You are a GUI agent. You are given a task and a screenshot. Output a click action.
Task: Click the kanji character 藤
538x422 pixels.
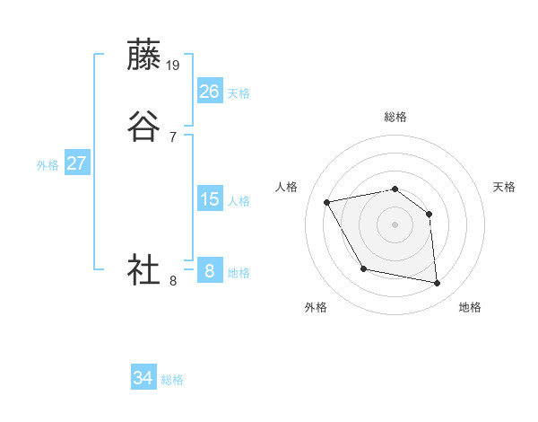click(x=144, y=56)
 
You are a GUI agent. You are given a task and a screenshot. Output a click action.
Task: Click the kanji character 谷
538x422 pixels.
click(x=144, y=127)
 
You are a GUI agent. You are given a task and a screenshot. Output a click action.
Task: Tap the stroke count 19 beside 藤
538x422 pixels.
click(x=174, y=66)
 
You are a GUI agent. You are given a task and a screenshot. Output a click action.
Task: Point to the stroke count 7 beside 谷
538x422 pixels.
click(x=172, y=136)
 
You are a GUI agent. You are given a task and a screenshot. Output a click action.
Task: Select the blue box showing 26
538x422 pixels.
click(x=210, y=92)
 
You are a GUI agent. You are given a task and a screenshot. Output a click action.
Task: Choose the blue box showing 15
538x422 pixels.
click(x=210, y=199)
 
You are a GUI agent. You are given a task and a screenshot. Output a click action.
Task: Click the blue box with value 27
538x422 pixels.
click(x=77, y=163)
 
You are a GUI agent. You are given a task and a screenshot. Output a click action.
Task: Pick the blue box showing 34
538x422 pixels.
click(x=143, y=378)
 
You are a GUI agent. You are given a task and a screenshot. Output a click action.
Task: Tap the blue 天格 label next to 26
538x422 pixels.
click(x=239, y=93)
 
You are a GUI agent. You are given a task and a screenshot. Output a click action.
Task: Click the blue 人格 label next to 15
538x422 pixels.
click(x=239, y=201)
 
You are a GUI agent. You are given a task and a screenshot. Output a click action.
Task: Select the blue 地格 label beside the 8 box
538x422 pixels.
click(x=239, y=273)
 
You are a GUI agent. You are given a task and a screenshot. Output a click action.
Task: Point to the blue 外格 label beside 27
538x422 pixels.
click(x=48, y=165)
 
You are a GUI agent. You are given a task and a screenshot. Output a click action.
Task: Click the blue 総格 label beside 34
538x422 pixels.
click(x=172, y=380)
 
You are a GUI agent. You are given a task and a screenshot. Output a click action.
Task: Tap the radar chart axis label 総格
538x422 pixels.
click(x=395, y=117)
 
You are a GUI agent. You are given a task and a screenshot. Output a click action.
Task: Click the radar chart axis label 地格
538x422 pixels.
click(x=470, y=307)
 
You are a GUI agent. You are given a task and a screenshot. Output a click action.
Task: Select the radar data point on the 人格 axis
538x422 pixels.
click(x=327, y=201)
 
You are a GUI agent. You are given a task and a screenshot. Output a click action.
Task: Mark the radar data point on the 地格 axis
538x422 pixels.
click(x=438, y=284)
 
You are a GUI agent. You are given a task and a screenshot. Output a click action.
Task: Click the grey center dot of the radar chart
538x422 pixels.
click(x=395, y=224)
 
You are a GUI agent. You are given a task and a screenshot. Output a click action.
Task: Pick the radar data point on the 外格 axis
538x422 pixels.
click(x=363, y=268)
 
